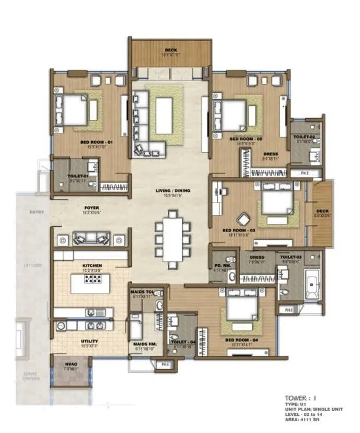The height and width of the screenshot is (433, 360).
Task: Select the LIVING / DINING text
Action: click(170, 190)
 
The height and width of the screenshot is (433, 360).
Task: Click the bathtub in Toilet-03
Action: click(311, 286)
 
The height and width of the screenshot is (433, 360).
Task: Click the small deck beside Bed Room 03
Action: click(322, 214)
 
